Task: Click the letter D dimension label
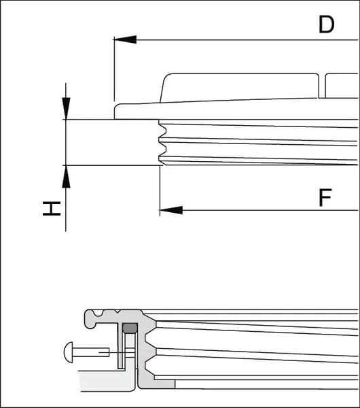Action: pyautogui.click(x=326, y=24)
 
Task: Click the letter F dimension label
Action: pyautogui.click(x=325, y=197)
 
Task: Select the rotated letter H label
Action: pyautogui.click(x=52, y=209)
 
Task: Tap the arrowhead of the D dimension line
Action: pyautogui.click(x=125, y=39)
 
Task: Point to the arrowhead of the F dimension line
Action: pyautogui.click(x=171, y=210)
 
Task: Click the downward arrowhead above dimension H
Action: pyautogui.click(x=66, y=108)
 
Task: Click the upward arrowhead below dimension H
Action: pyautogui.click(x=66, y=176)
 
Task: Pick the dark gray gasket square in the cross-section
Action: pyautogui.click(x=130, y=328)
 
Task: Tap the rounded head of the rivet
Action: pyautogui.click(x=69, y=352)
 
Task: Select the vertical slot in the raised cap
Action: pyautogui.click(x=322, y=86)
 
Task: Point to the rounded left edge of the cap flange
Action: pyautogui.click(x=115, y=111)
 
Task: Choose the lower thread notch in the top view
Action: pyautogui.click(x=162, y=150)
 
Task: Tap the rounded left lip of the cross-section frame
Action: pyautogui.click(x=90, y=319)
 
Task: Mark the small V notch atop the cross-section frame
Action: pyautogui.click(x=118, y=311)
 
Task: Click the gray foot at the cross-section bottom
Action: pyautogui.click(x=157, y=384)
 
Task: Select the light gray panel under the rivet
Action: pyautogui.click(x=107, y=381)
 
